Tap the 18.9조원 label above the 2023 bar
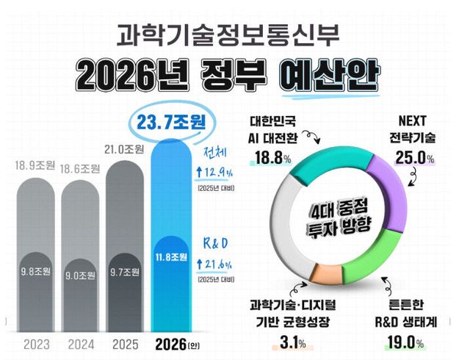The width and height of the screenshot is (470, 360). coord(37,165)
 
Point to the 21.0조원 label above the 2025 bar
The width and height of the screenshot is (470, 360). coord(126,149)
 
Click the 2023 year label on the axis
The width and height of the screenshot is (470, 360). coord(37,343)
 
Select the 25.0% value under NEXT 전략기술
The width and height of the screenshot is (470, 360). coord(414,157)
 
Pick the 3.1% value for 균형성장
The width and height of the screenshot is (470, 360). coord(297,342)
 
